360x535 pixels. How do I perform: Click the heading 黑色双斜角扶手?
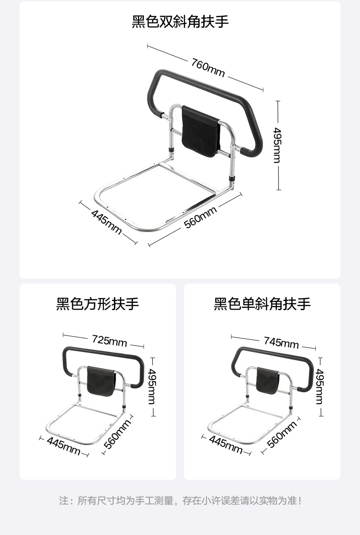pos(180,21)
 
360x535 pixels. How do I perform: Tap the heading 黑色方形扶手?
pos(98,304)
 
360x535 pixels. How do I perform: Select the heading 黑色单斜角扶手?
pos(262,304)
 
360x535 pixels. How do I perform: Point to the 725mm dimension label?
pos(109,340)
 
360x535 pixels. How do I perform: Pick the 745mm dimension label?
pos(281,342)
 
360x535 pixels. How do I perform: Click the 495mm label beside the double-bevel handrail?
pos(277,145)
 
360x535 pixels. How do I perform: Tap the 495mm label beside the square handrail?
pos(152,386)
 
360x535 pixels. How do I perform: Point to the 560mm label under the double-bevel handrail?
pos(200,218)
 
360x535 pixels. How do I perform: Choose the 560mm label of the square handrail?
pos(118,434)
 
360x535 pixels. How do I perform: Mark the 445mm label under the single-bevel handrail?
pos(226,443)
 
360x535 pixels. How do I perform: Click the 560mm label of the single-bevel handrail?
pos(282,434)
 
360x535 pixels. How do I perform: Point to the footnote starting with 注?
pos(180,501)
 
